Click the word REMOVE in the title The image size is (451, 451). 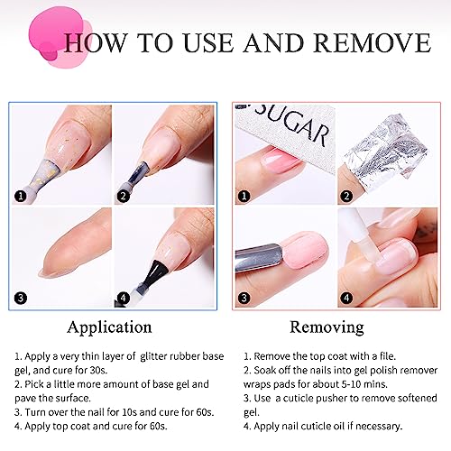tap(373, 42)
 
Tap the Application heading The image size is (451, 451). tap(109, 327)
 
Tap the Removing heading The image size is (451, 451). tap(327, 327)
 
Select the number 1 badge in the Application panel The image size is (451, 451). tap(21, 197)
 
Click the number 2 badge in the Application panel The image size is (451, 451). tap(124, 197)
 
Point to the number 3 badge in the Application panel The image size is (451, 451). tap(21, 298)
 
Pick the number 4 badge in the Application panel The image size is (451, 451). tap(124, 298)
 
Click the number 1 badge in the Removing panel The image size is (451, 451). tap(244, 197)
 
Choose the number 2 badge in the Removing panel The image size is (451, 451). tap(346, 197)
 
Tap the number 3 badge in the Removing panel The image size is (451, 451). tap(244, 298)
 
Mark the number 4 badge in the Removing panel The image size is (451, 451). tap(346, 298)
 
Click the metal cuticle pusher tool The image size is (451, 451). tap(259, 258)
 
